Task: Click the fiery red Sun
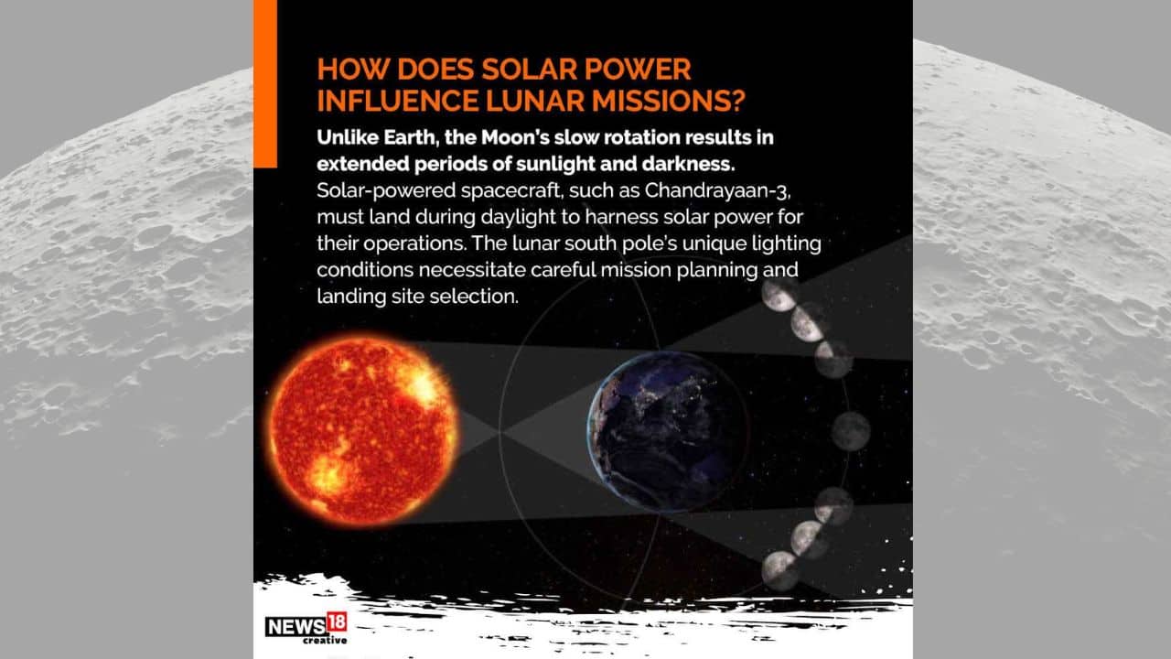[363, 430]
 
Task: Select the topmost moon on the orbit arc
[779, 295]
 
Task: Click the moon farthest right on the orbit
[851, 430]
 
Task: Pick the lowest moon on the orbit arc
[779, 569]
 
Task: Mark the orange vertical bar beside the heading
[264, 83]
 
